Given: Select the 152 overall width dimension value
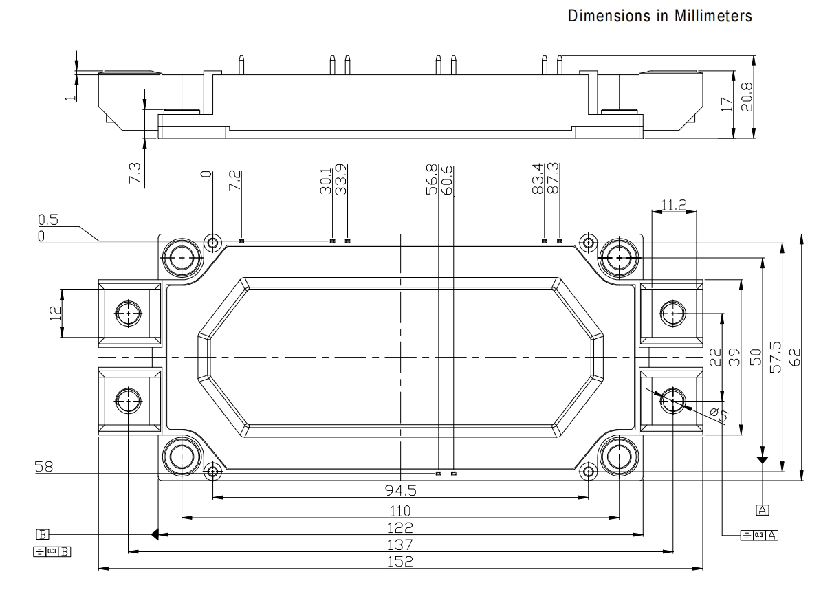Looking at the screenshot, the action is click(400, 561).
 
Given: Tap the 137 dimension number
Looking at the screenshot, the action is click(400, 545).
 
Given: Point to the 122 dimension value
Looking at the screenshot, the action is click(400, 528).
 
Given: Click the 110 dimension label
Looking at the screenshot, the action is click(400, 512).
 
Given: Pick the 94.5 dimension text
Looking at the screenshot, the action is click(400, 491).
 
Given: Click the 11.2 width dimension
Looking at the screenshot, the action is click(674, 205).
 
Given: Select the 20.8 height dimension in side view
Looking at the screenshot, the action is click(747, 97).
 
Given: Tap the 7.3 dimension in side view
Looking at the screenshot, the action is click(135, 173).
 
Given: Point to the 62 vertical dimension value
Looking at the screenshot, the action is click(794, 357).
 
